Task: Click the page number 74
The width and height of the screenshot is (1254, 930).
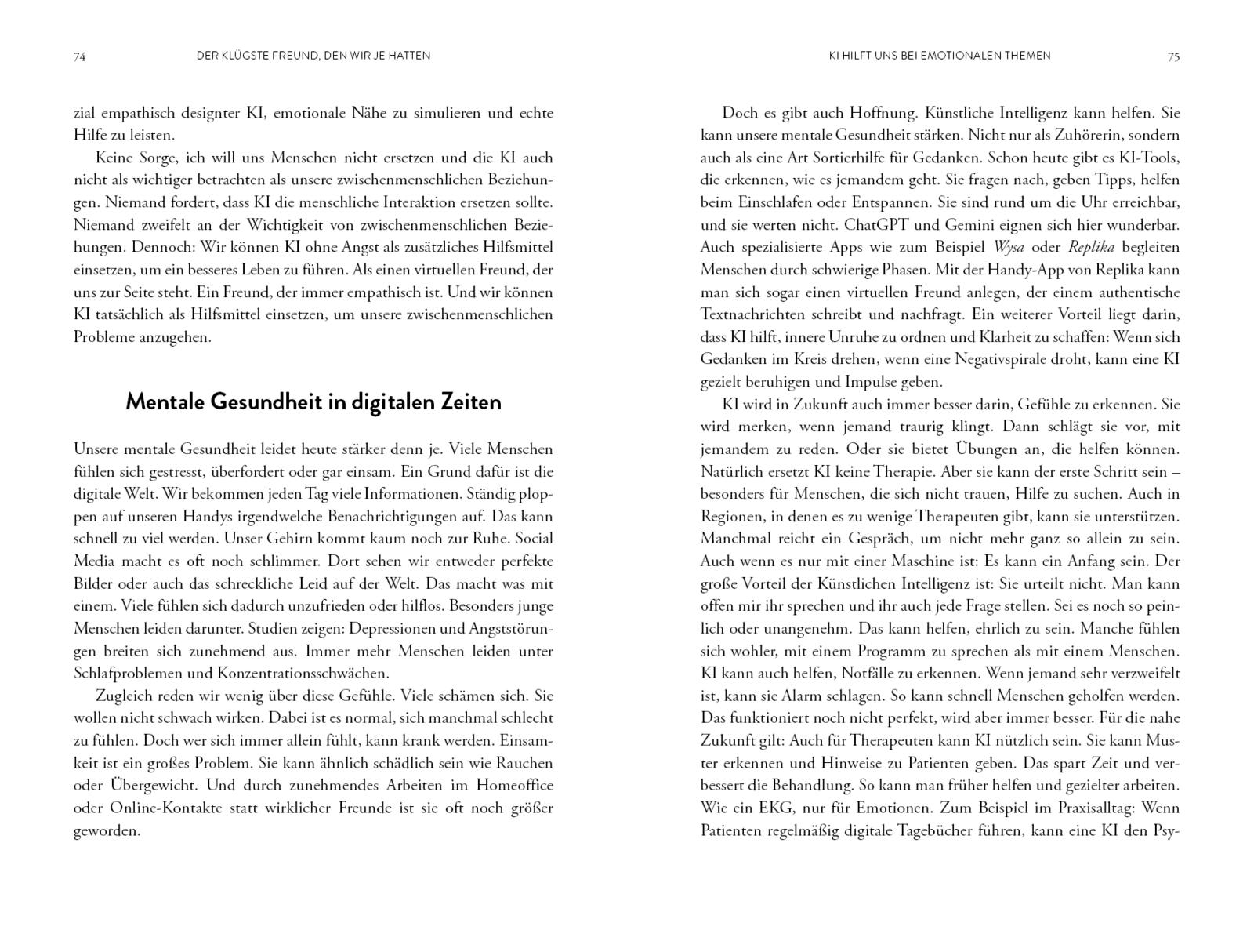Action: point(79,56)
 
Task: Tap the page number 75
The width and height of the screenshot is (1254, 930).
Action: point(1173,56)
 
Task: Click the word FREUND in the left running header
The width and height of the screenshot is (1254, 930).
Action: point(288,56)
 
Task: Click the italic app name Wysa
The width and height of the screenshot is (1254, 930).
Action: point(1009,247)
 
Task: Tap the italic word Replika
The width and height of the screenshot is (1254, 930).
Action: point(1092,247)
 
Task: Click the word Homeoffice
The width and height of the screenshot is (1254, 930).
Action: point(514,786)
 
